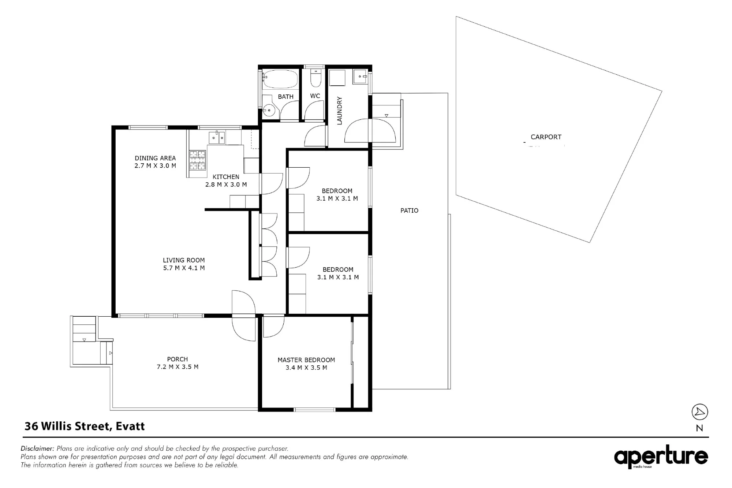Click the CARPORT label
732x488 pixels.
pyautogui.click(x=546, y=137)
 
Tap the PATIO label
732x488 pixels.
pyautogui.click(x=409, y=211)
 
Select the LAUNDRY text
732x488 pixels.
pyautogui.click(x=339, y=111)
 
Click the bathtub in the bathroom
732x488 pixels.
pyautogui.click(x=280, y=79)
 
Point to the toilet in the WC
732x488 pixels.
pyautogui.click(x=315, y=77)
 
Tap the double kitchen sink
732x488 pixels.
pyautogui.click(x=217, y=137)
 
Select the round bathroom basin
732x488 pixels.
pyautogui.click(x=269, y=109)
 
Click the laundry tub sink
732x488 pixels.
pyautogui.click(x=361, y=77)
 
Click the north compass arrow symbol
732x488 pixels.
pyautogui.click(x=700, y=412)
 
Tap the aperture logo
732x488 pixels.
pyautogui.click(x=661, y=457)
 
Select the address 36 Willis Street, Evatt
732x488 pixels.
pyautogui.click(x=85, y=426)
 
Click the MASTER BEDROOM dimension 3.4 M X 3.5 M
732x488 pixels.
pyautogui.click(x=306, y=368)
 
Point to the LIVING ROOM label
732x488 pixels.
pyautogui.click(x=184, y=260)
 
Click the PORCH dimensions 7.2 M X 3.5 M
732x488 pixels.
pyautogui.click(x=178, y=367)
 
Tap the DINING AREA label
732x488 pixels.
pyautogui.click(x=155, y=158)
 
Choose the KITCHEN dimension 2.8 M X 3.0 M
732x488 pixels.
pyautogui.click(x=226, y=185)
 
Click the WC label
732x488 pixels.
pyautogui.click(x=315, y=96)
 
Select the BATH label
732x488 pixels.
pyautogui.click(x=285, y=97)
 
